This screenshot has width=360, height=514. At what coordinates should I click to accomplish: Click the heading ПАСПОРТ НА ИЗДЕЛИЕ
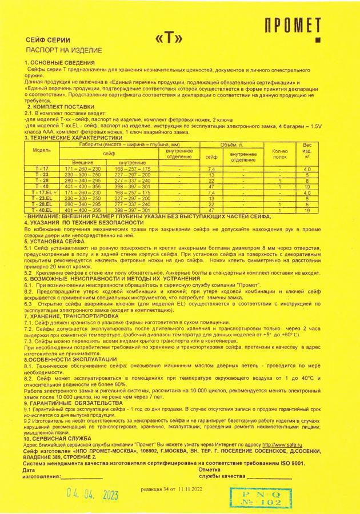pos(60,50)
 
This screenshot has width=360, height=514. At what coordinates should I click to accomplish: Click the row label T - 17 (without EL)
pos(42,169)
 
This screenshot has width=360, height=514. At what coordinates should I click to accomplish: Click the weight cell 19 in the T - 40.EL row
pos(307,210)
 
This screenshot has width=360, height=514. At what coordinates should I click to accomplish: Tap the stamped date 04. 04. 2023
pos(93,495)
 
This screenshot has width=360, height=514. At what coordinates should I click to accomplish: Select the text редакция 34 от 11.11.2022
pos(171,490)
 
